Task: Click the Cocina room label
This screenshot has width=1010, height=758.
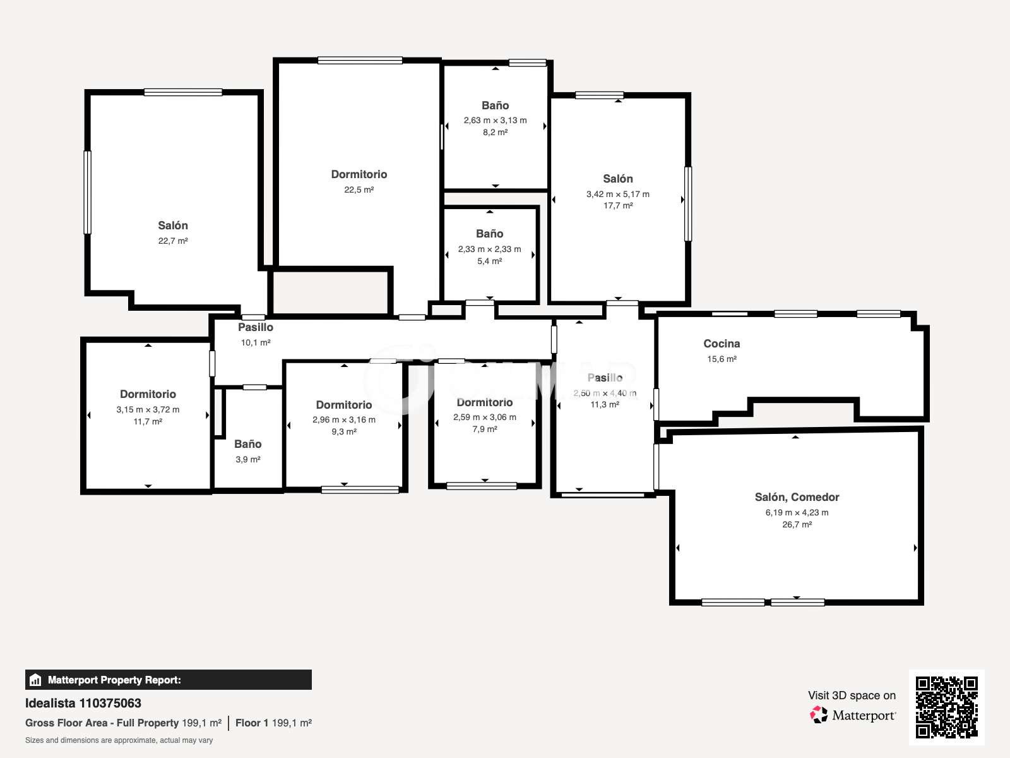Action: [x=722, y=344]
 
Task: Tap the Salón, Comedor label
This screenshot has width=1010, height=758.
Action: [x=797, y=497]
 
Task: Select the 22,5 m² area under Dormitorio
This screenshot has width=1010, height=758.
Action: [x=359, y=189]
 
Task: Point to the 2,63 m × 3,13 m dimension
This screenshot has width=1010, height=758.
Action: [x=495, y=120]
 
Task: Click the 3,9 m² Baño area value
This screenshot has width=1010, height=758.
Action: [x=248, y=459]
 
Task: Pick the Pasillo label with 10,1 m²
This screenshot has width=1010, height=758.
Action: [x=256, y=327]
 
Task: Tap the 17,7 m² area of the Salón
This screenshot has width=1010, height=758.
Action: [x=618, y=205]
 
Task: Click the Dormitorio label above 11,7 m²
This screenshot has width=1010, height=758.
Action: [x=148, y=394]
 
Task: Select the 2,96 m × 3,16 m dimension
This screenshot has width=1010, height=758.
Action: [x=344, y=419]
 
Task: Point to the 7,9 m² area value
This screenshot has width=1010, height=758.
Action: [x=485, y=429]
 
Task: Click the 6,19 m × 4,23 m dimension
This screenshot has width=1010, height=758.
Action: [x=797, y=512]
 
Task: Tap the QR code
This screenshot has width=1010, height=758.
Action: [x=946, y=707]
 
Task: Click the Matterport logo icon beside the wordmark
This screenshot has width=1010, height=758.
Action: [x=818, y=715]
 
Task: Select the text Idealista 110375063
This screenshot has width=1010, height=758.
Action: [x=83, y=703]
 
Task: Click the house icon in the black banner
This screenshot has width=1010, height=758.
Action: [x=35, y=680]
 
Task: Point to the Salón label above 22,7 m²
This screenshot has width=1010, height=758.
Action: [x=172, y=226]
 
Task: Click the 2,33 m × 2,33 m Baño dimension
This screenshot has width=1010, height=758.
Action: [x=489, y=249]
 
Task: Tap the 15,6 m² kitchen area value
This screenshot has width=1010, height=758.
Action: [x=722, y=359]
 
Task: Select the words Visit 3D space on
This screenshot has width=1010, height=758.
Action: [x=852, y=695]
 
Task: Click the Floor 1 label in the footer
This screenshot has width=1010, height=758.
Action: [x=252, y=723]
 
